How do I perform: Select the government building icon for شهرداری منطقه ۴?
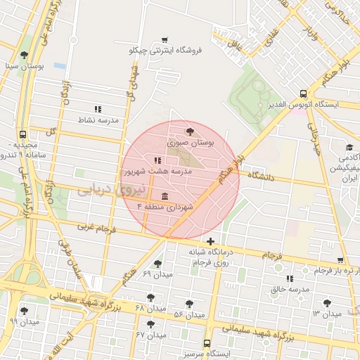pyautogui.click(x=165, y=195)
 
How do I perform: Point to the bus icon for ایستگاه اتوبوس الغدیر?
pyautogui.click(x=303, y=93)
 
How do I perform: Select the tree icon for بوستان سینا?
pyautogui.click(x=25, y=54)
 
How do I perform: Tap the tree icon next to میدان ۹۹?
pyautogui.click(x=25, y=310)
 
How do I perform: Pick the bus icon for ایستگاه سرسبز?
pyautogui.click(x=206, y=343)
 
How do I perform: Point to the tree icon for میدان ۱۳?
pyautogui.click(x=326, y=302)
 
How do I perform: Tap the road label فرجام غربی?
pyautogui.click(x=95, y=229)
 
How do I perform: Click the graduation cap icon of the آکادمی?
pyautogui.click(x=349, y=148)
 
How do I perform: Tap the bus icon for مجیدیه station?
pyautogui.click(x=23, y=134)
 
